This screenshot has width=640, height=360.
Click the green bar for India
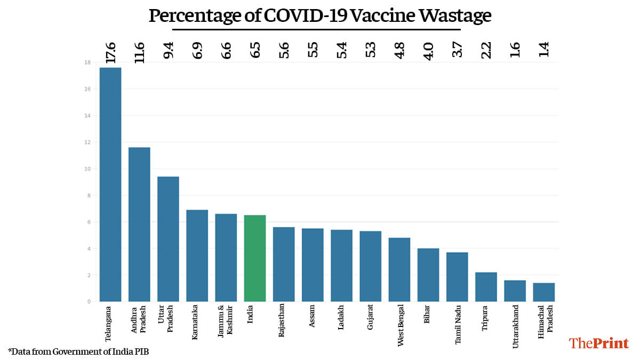[255, 259]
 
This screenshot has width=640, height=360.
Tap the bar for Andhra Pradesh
[139, 225]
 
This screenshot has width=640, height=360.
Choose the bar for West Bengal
[399, 270]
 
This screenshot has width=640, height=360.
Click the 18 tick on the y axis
[87, 62]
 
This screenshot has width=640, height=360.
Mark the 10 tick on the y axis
[87, 169]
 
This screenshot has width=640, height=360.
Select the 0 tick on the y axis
[89, 302]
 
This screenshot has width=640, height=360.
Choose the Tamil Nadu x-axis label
[458, 325]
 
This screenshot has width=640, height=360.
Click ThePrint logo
[599, 343]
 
